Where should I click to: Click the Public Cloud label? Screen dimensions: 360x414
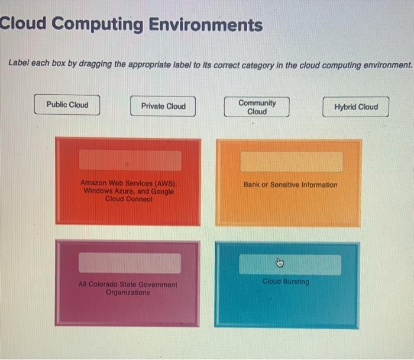coord(67,105)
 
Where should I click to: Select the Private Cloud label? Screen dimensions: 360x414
coord(163,107)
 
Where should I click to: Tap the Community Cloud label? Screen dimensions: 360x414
coord(257,107)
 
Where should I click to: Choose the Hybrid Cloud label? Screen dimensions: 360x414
coord(355,107)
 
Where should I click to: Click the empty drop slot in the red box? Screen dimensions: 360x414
coord(130,160)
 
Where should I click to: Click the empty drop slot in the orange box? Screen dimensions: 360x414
coord(291,162)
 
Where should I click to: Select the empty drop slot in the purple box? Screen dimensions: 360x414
coord(130,263)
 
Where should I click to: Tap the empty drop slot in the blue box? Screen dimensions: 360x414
coord(290,265)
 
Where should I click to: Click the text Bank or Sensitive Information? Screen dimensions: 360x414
coord(290,185)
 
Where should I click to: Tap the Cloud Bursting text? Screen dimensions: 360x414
coord(286,282)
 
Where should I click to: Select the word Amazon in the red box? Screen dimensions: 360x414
coord(94,184)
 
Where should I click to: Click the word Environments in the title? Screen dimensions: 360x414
coord(206,25)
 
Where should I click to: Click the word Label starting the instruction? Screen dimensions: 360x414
coord(18,64)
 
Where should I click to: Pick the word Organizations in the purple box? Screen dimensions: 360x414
coord(128,292)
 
